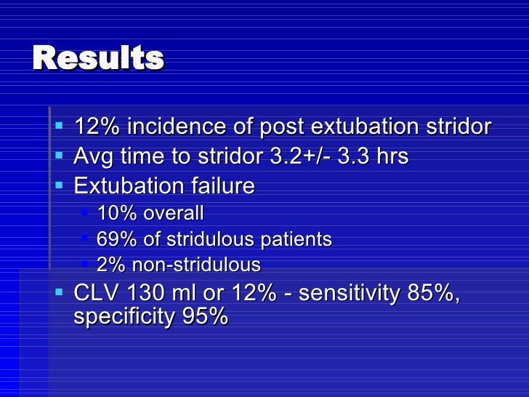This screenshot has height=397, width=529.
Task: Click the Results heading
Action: tap(98, 57)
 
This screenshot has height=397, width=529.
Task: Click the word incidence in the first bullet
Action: tap(177, 127)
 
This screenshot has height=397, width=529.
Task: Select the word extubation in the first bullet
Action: tap(364, 127)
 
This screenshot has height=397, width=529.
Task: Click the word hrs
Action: tap(392, 156)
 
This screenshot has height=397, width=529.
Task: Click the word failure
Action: tap(223, 185)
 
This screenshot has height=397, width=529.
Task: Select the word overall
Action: tap(174, 213)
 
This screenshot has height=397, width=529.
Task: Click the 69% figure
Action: tap(117, 239)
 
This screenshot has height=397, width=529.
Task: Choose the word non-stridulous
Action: tap(196, 265)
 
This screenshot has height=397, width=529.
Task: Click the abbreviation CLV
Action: tap(96, 292)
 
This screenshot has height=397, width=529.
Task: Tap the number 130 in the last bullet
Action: tap(145, 292)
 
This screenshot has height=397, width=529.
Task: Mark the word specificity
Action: tap(124, 317)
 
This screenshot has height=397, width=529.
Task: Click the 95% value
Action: tap(205, 316)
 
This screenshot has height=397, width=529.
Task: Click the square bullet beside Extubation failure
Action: tap(60, 185)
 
